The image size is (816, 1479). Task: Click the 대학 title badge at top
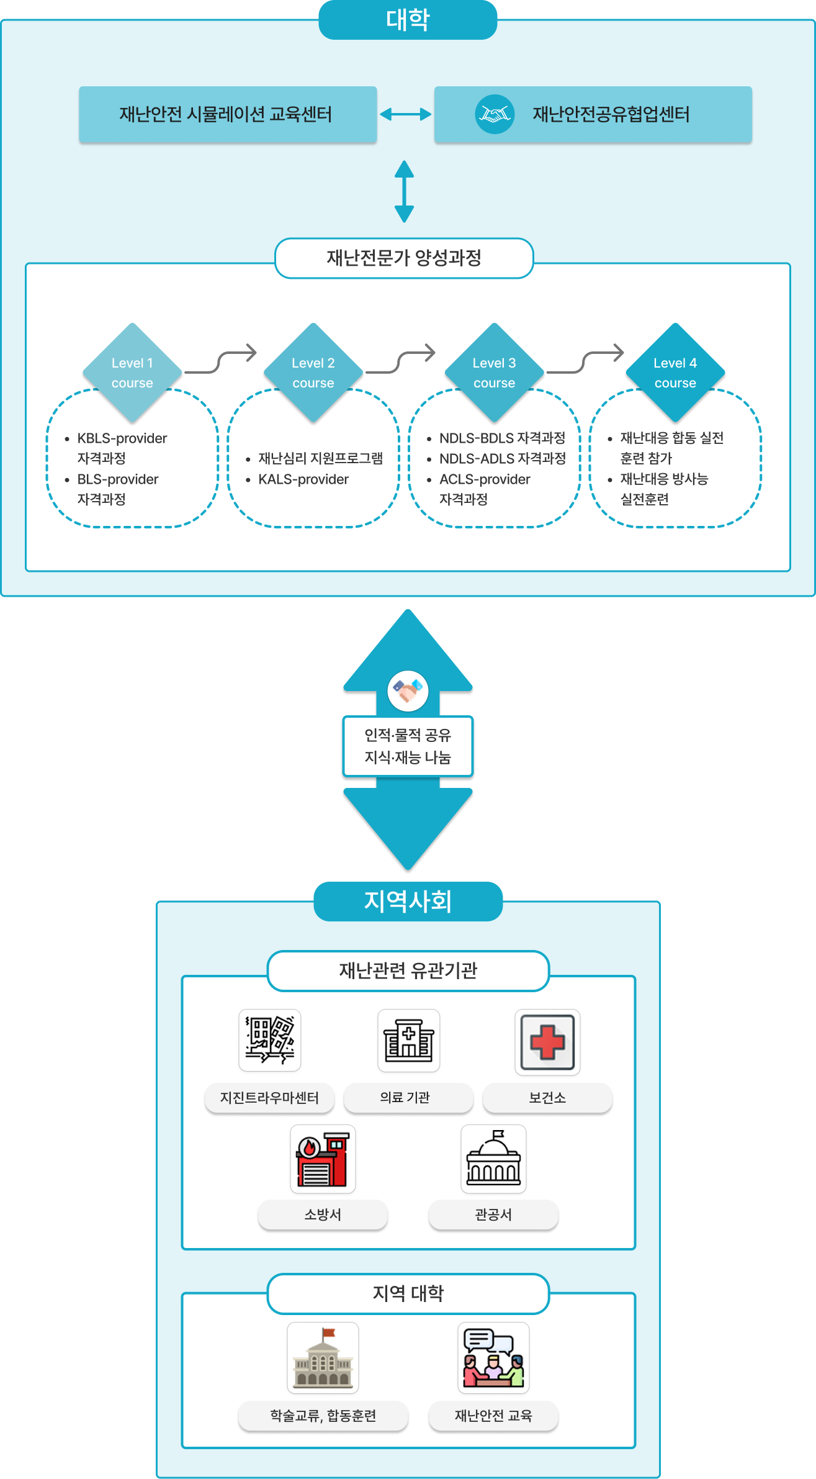click(408, 20)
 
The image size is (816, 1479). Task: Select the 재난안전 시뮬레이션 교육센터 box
click(227, 114)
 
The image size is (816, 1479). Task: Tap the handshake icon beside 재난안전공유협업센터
click(495, 114)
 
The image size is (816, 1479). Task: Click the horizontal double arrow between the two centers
click(405, 114)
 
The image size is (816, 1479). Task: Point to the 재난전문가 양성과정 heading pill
click(404, 258)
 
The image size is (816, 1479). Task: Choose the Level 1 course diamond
click(132, 372)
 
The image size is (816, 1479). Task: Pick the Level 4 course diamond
click(675, 372)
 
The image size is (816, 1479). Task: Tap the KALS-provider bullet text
click(303, 479)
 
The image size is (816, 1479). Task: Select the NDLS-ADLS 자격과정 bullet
click(502, 459)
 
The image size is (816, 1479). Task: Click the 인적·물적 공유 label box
click(408, 746)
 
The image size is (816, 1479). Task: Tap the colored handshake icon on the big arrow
click(408, 690)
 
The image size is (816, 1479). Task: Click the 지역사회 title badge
click(408, 902)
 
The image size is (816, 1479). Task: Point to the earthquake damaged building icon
click(270, 1040)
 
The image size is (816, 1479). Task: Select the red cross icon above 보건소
click(547, 1042)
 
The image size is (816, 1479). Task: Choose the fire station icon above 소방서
click(323, 1159)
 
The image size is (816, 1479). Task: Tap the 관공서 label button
click(493, 1214)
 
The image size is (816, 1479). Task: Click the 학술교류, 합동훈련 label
click(323, 1416)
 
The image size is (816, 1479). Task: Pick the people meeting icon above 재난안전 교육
click(493, 1358)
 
